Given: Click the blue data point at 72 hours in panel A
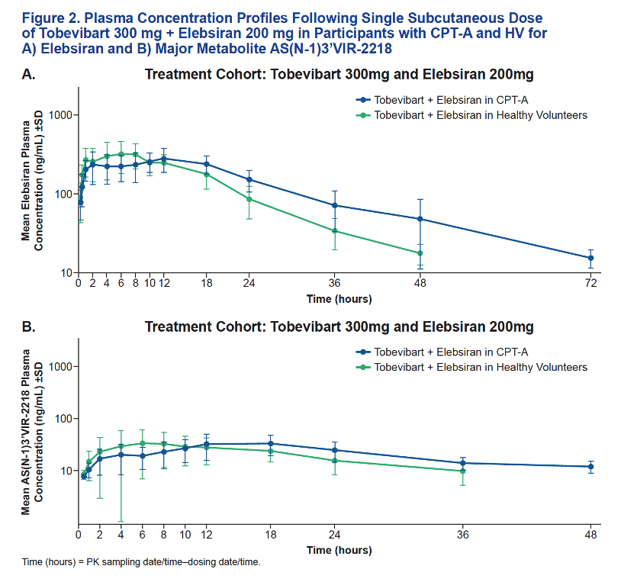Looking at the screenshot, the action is click(x=590, y=258).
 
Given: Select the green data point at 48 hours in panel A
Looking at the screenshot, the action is click(x=420, y=253).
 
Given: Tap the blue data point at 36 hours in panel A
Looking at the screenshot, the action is click(x=335, y=205).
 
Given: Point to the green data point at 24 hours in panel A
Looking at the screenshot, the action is click(x=249, y=199).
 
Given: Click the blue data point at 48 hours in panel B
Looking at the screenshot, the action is click(x=590, y=467).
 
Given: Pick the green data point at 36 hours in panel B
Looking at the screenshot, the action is click(x=463, y=471).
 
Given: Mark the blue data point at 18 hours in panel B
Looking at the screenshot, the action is click(x=271, y=443).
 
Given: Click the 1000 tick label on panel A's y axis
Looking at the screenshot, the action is click(x=60, y=115).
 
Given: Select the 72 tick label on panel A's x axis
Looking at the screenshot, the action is click(x=590, y=283).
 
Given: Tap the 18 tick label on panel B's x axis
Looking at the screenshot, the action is click(x=271, y=535).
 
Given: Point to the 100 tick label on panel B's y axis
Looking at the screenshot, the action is click(x=63, y=419).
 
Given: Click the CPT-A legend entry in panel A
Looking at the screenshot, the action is click(x=442, y=100).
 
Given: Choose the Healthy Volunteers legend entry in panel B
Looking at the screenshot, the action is click(x=471, y=367).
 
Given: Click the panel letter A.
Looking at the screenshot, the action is click(x=28, y=75).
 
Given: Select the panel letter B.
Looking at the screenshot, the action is click(x=28, y=327).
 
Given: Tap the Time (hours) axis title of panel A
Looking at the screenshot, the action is click(x=339, y=299).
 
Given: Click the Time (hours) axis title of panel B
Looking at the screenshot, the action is click(x=339, y=550).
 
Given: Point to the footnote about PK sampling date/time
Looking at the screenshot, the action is click(x=141, y=562).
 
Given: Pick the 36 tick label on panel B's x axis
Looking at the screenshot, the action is click(x=463, y=535).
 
